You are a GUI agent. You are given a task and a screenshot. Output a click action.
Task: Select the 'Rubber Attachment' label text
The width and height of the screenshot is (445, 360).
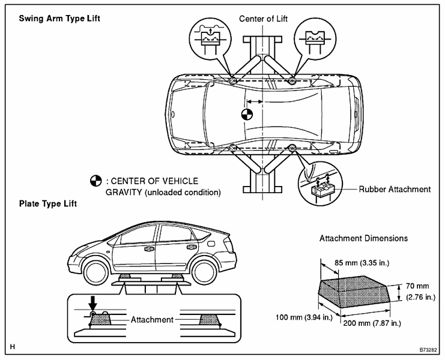(x=395, y=189)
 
